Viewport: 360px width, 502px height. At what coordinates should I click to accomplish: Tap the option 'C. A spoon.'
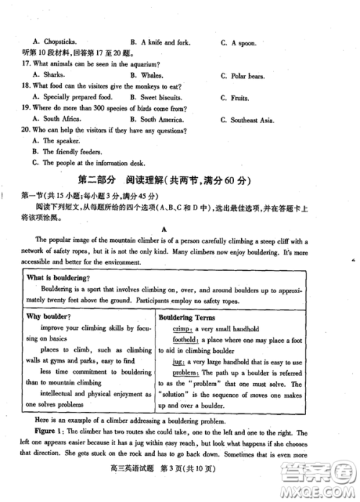(238, 42)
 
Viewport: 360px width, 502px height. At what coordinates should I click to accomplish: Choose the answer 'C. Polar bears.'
(242, 75)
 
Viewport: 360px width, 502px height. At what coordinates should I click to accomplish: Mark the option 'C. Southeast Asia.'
(248, 119)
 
